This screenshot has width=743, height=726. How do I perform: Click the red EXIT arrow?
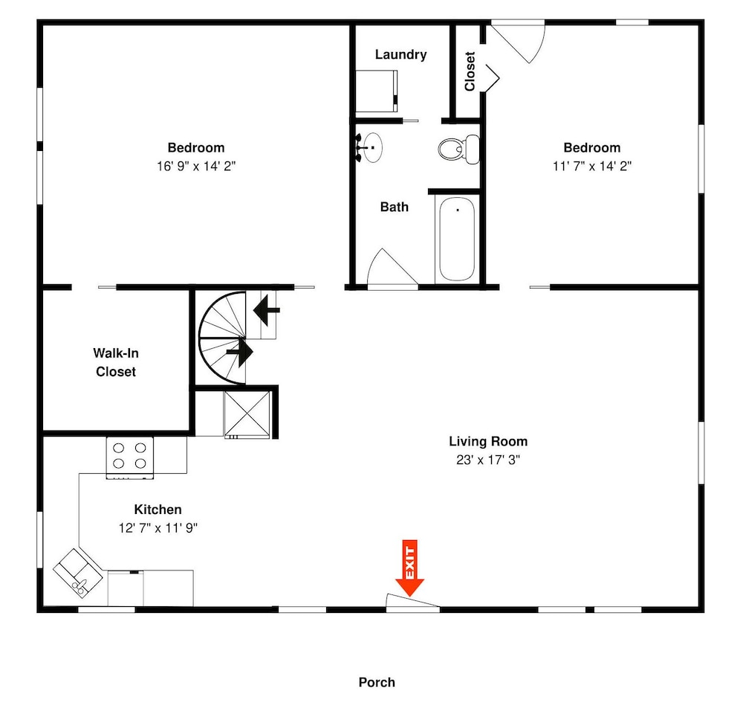point(410,568)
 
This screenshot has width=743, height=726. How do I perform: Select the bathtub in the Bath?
point(457,240)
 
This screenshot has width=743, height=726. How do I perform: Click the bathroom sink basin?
point(372,147)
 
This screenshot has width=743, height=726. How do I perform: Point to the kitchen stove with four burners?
point(129,457)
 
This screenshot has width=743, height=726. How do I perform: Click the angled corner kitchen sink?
point(78,573)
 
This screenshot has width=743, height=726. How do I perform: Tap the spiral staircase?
point(222,338)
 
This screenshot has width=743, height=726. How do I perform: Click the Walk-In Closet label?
point(116,362)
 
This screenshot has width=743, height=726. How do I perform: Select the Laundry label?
point(401,54)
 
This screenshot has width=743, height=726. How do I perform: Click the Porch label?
point(377,682)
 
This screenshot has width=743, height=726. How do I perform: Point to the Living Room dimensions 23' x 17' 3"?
point(488,460)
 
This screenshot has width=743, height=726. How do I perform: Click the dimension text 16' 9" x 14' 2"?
point(196,166)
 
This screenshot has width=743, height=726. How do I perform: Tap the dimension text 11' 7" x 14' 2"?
point(592,166)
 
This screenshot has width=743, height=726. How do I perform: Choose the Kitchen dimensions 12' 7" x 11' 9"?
point(158,527)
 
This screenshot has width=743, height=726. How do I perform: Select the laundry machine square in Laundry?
point(377,91)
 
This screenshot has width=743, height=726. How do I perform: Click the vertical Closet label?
point(470,71)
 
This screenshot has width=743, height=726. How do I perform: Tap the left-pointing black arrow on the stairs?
point(266,310)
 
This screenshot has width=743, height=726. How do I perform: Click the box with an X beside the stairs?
point(247,414)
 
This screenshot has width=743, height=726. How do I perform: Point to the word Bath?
point(395,207)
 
